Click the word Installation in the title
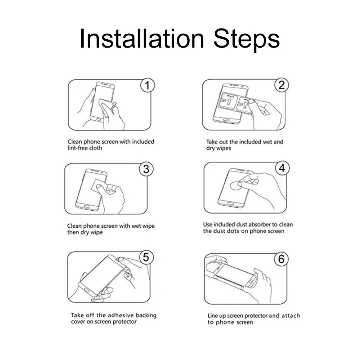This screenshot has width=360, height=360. pyautogui.click(x=142, y=38)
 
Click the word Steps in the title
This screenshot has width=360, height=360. pyautogui.click(x=246, y=40)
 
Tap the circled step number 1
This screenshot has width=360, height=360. pyautogui.click(x=147, y=86)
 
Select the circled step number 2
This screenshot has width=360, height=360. pyautogui.click(x=282, y=85)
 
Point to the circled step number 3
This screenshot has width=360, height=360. pyautogui.click(x=146, y=169)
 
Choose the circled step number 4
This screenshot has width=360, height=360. pyautogui.click(x=282, y=168)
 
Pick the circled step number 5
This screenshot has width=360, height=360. pyautogui.click(x=146, y=257)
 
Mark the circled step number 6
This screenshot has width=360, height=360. pyautogui.click(x=281, y=259)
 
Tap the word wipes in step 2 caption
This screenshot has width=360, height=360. pyautogui.click(x=224, y=148)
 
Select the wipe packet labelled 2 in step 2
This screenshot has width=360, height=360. pyautogui.click(x=245, y=105)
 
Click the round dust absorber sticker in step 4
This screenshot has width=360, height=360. pyautogui.click(x=236, y=185)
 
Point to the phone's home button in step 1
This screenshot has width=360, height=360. pyautogui.click(x=99, y=120)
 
